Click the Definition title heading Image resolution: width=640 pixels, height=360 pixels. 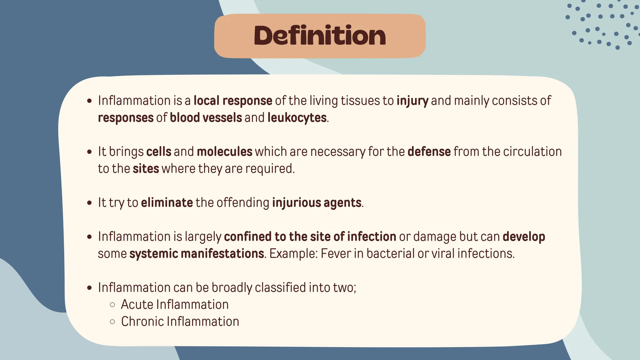pos(320,36)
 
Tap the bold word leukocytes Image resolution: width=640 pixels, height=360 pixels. pos(297,118)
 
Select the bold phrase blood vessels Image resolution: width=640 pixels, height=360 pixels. pos(206,118)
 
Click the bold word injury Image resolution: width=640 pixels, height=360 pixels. pos(412,101)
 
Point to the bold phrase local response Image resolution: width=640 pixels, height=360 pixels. pos(233,101)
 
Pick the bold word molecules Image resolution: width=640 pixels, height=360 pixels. pos(224,152)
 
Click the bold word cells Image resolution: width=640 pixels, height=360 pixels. pos(159,152)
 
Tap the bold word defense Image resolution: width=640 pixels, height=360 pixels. pos(429,152)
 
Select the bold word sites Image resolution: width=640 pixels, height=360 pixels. pos(146,169)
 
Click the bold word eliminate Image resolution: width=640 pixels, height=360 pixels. pos(167,202)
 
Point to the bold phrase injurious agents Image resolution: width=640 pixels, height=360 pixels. pos(317,202)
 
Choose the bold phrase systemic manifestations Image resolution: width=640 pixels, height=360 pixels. pos(197,253)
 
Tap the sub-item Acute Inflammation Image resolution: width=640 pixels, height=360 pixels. pos(175,304)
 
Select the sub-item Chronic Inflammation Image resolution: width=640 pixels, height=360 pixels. pos(180,322)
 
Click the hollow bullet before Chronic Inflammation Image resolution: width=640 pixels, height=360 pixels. pos(112,322)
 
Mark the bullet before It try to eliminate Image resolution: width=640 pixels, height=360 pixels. pos(90,203)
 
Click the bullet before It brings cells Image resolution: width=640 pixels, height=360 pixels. pos(90,152)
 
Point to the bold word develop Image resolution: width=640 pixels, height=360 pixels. pos(524,237)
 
